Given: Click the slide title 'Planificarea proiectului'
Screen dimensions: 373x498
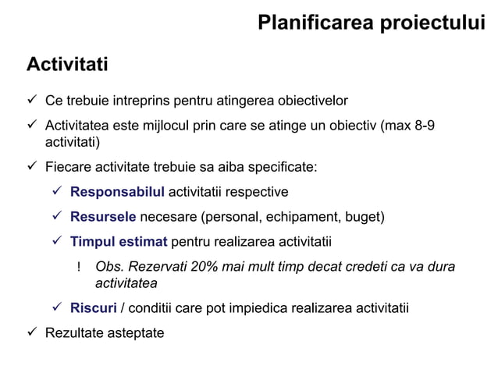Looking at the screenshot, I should click(x=371, y=23).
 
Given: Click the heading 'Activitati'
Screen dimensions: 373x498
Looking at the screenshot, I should click(x=67, y=63).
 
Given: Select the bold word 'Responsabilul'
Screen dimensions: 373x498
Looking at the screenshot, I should click(x=117, y=192).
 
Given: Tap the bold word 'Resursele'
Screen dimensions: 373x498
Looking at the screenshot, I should click(x=103, y=216).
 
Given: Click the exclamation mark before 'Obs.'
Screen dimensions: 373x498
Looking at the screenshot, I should click(x=79, y=268).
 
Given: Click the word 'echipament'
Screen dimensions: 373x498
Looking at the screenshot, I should click(x=293, y=216).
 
